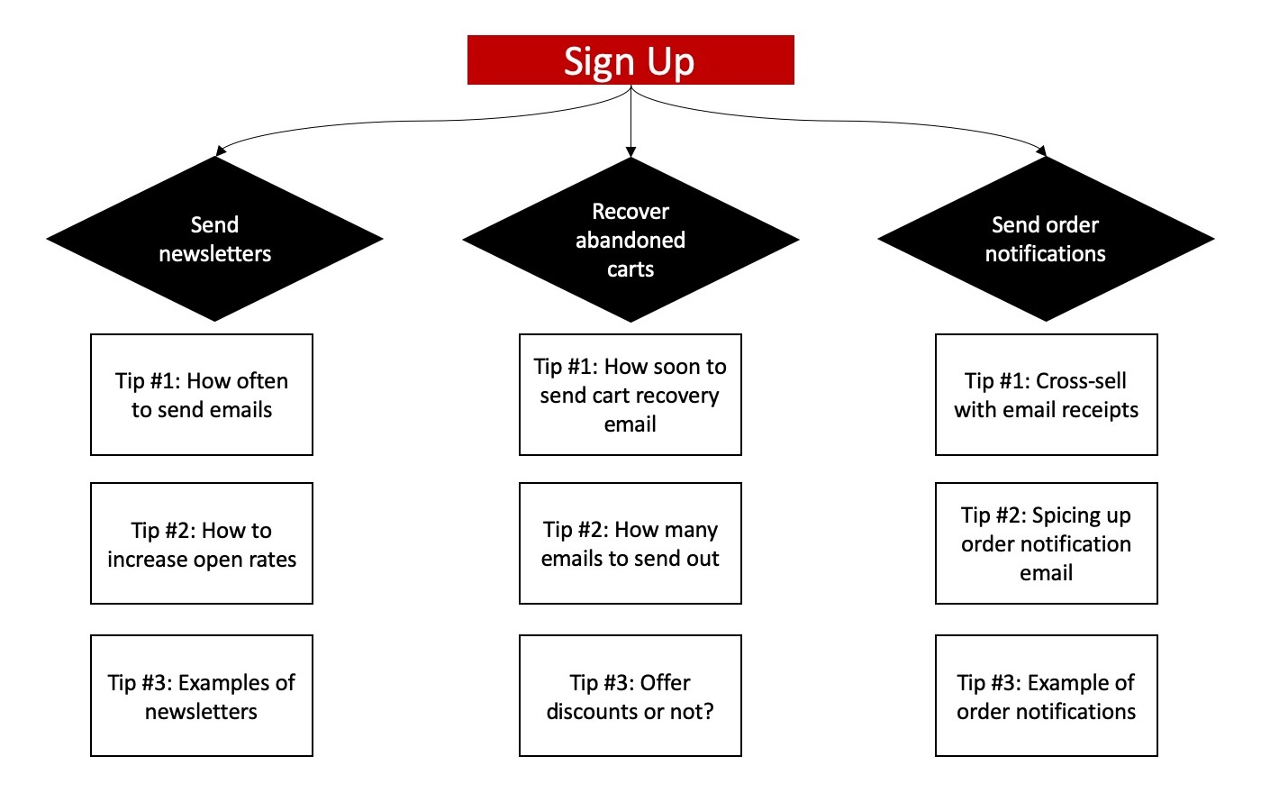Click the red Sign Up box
pos(630,60)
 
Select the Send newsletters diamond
pos(214,239)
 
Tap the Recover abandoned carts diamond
pos(630,240)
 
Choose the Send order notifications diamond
pos(1046,239)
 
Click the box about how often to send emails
pos(202,395)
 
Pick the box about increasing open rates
pos(202,543)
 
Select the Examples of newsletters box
pos(202,696)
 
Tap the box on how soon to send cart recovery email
pos(630,395)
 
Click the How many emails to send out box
pos(630,543)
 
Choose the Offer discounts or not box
pos(630,696)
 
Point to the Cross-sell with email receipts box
pos(1047,395)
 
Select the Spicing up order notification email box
pos(1047,543)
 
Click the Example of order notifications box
pos(1047,696)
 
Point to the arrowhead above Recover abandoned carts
pos(630,152)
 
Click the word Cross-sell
pos(1081,380)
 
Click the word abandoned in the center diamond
pos(630,240)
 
